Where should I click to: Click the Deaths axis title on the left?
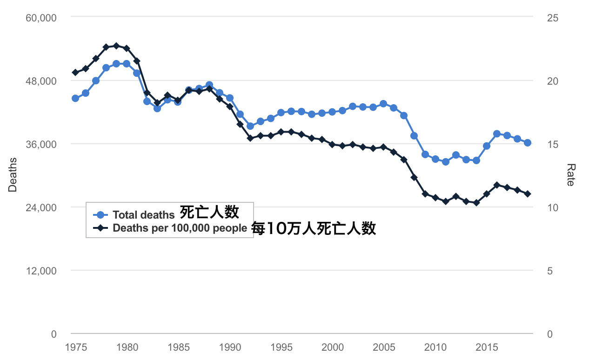click(x=13, y=175)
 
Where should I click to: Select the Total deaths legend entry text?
click(x=144, y=215)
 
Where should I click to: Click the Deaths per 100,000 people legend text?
click(x=180, y=228)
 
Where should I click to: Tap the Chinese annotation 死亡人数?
click(x=209, y=212)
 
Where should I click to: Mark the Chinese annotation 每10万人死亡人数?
click(x=314, y=228)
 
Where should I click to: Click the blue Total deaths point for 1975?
click(x=75, y=98)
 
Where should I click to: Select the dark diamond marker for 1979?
click(x=116, y=46)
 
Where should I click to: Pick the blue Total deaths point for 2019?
click(x=528, y=143)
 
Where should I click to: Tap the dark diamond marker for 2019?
click(x=528, y=193)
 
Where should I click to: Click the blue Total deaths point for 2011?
click(x=446, y=162)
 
